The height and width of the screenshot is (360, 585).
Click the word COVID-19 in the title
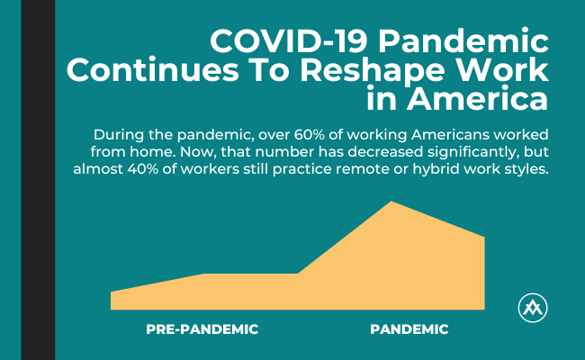point(289,41)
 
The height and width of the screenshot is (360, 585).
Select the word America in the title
point(477,98)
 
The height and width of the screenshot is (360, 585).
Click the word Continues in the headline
point(153,70)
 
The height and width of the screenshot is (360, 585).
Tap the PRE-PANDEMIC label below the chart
point(202,329)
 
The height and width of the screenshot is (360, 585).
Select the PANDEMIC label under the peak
point(409,329)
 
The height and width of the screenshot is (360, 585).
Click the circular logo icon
point(533,308)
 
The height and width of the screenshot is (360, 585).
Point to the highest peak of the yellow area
point(391,202)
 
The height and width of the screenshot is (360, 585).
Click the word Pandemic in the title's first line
point(463,41)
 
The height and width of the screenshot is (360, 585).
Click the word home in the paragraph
point(148,152)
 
